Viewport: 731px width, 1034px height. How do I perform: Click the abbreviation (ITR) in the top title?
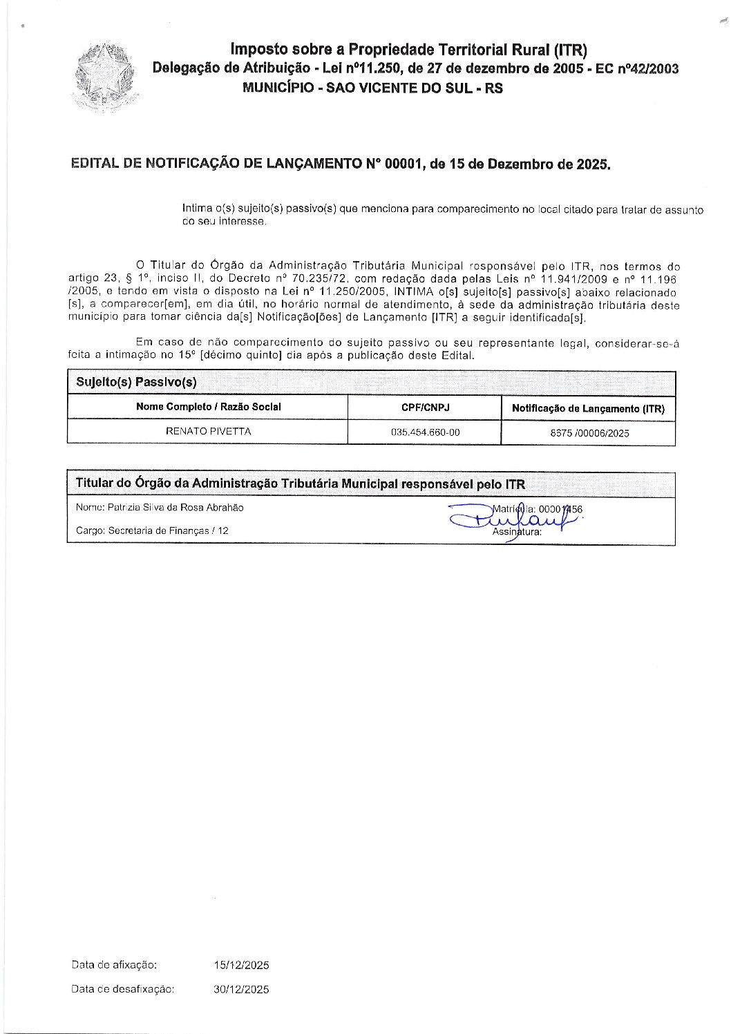pyautogui.click(x=570, y=49)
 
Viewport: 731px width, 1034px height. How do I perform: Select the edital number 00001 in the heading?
pyautogui.click(x=401, y=164)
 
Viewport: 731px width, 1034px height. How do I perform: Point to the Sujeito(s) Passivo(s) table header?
pyautogui.click(x=136, y=382)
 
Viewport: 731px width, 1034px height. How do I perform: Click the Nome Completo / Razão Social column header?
pyautogui.click(x=208, y=407)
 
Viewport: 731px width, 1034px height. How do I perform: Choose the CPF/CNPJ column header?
pyautogui.click(x=425, y=408)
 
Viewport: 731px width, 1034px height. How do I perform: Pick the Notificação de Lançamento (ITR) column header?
pyautogui.click(x=588, y=408)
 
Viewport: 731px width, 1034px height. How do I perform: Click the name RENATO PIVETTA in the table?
pyautogui.click(x=208, y=431)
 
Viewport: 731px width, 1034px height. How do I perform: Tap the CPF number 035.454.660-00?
pyautogui.click(x=425, y=432)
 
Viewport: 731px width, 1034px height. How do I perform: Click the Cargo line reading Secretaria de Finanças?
pyautogui.click(x=152, y=530)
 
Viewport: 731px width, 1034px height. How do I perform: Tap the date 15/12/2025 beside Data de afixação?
pyautogui.click(x=241, y=965)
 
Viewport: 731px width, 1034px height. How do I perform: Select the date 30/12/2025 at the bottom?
pyautogui.click(x=241, y=989)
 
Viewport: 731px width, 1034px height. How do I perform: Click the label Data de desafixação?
pyautogui.click(x=122, y=989)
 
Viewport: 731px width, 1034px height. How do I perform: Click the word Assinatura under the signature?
pyautogui.click(x=517, y=532)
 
